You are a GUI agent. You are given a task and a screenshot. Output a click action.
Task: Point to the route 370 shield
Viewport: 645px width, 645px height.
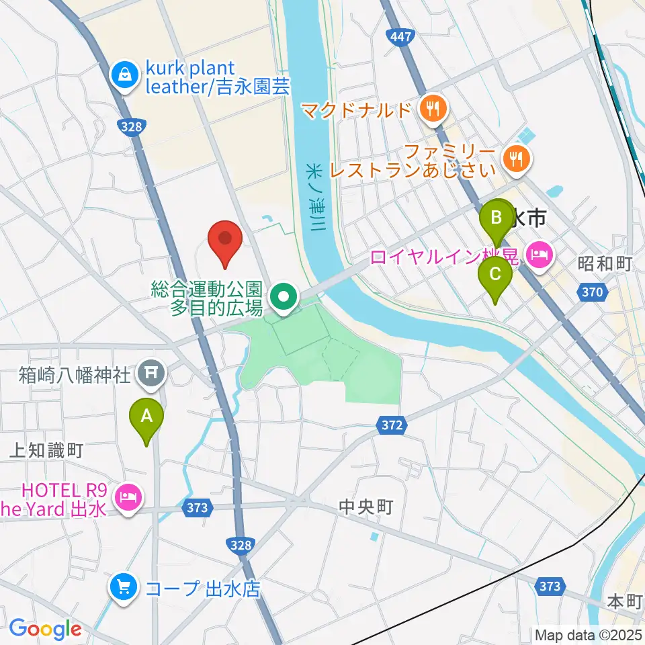(x=591, y=292)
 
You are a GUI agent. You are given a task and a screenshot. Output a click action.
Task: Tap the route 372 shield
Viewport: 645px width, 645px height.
(x=389, y=425)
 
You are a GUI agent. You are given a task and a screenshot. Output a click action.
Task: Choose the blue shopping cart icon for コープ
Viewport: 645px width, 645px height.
(x=122, y=589)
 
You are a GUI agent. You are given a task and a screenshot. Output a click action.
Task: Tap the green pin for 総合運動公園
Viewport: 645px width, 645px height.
(x=284, y=297)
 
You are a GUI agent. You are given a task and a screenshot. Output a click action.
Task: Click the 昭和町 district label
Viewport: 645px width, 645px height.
(x=605, y=263)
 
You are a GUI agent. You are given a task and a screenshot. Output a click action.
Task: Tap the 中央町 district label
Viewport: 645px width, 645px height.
(x=365, y=506)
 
